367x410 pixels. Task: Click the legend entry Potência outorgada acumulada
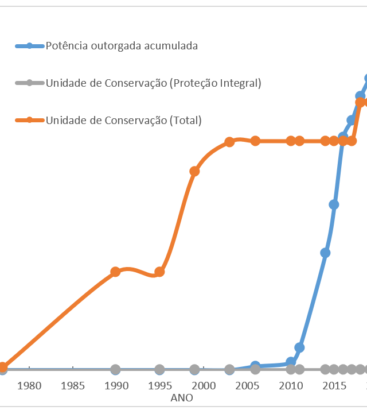tap(122, 46)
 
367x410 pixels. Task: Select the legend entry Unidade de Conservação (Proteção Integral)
tap(153, 83)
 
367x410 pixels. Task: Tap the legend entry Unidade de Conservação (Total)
tap(123, 120)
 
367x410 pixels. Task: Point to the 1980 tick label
tap(29, 385)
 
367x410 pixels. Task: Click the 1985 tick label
tap(73, 385)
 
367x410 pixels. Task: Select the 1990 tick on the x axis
tap(116, 385)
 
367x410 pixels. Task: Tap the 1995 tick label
tap(160, 385)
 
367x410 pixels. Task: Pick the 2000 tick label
tap(204, 385)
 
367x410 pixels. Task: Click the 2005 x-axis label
tap(247, 385)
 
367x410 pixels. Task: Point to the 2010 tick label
tap(291, 385)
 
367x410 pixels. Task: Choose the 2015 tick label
tap(334, 385)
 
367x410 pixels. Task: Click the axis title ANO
tap(182, 397)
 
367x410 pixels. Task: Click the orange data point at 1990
tap(115, 272)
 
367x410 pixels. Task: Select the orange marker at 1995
tap(159, 272)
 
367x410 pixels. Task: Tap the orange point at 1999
tap(194, 171)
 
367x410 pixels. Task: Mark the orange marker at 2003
tap(229, 142)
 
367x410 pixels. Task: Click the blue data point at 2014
tap(325, 253)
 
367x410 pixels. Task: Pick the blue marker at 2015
tap(334, 204)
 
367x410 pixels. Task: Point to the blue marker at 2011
tap(299, 347)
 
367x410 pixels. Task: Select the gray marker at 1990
tap(115, 369)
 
